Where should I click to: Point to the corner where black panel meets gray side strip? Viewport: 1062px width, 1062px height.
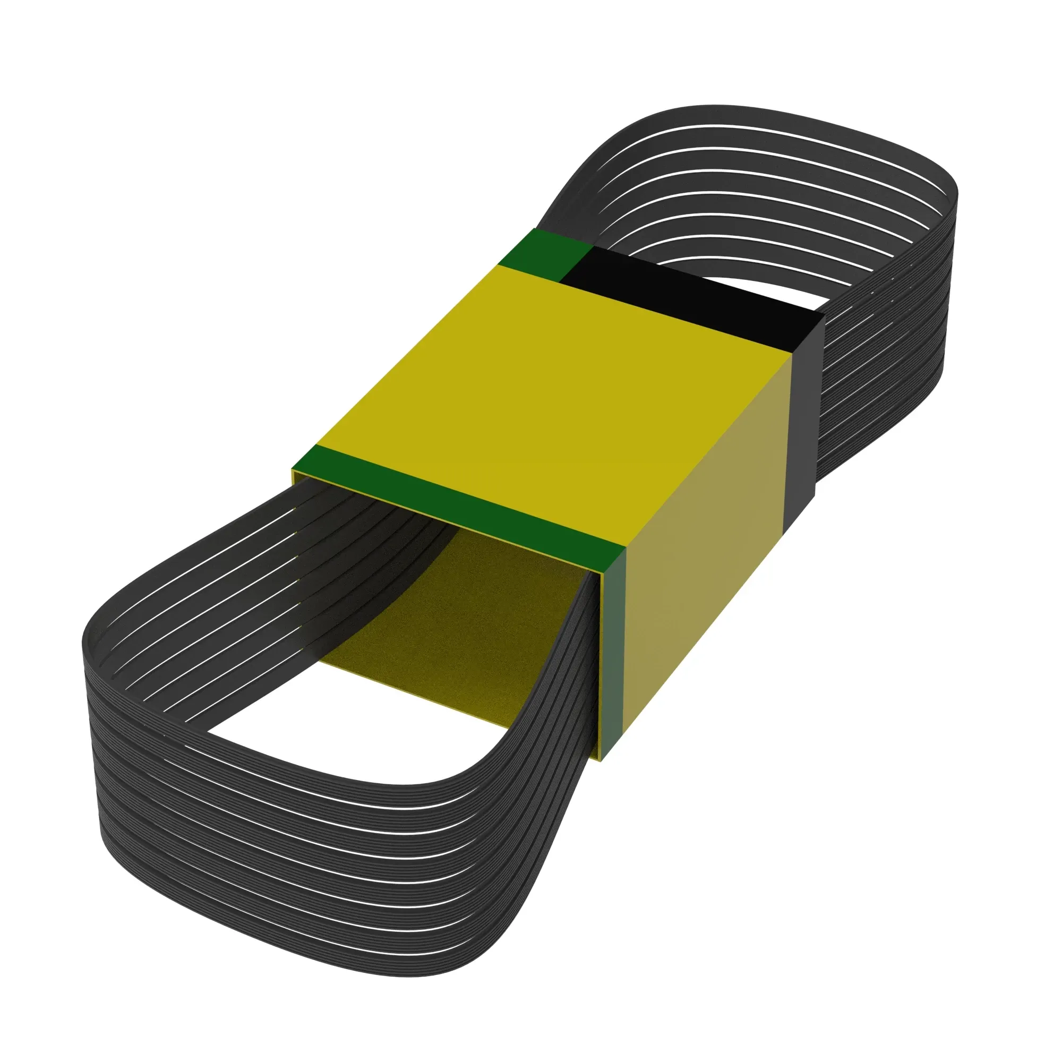point(823,313)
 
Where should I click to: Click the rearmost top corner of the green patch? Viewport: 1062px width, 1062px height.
point(535,229)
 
